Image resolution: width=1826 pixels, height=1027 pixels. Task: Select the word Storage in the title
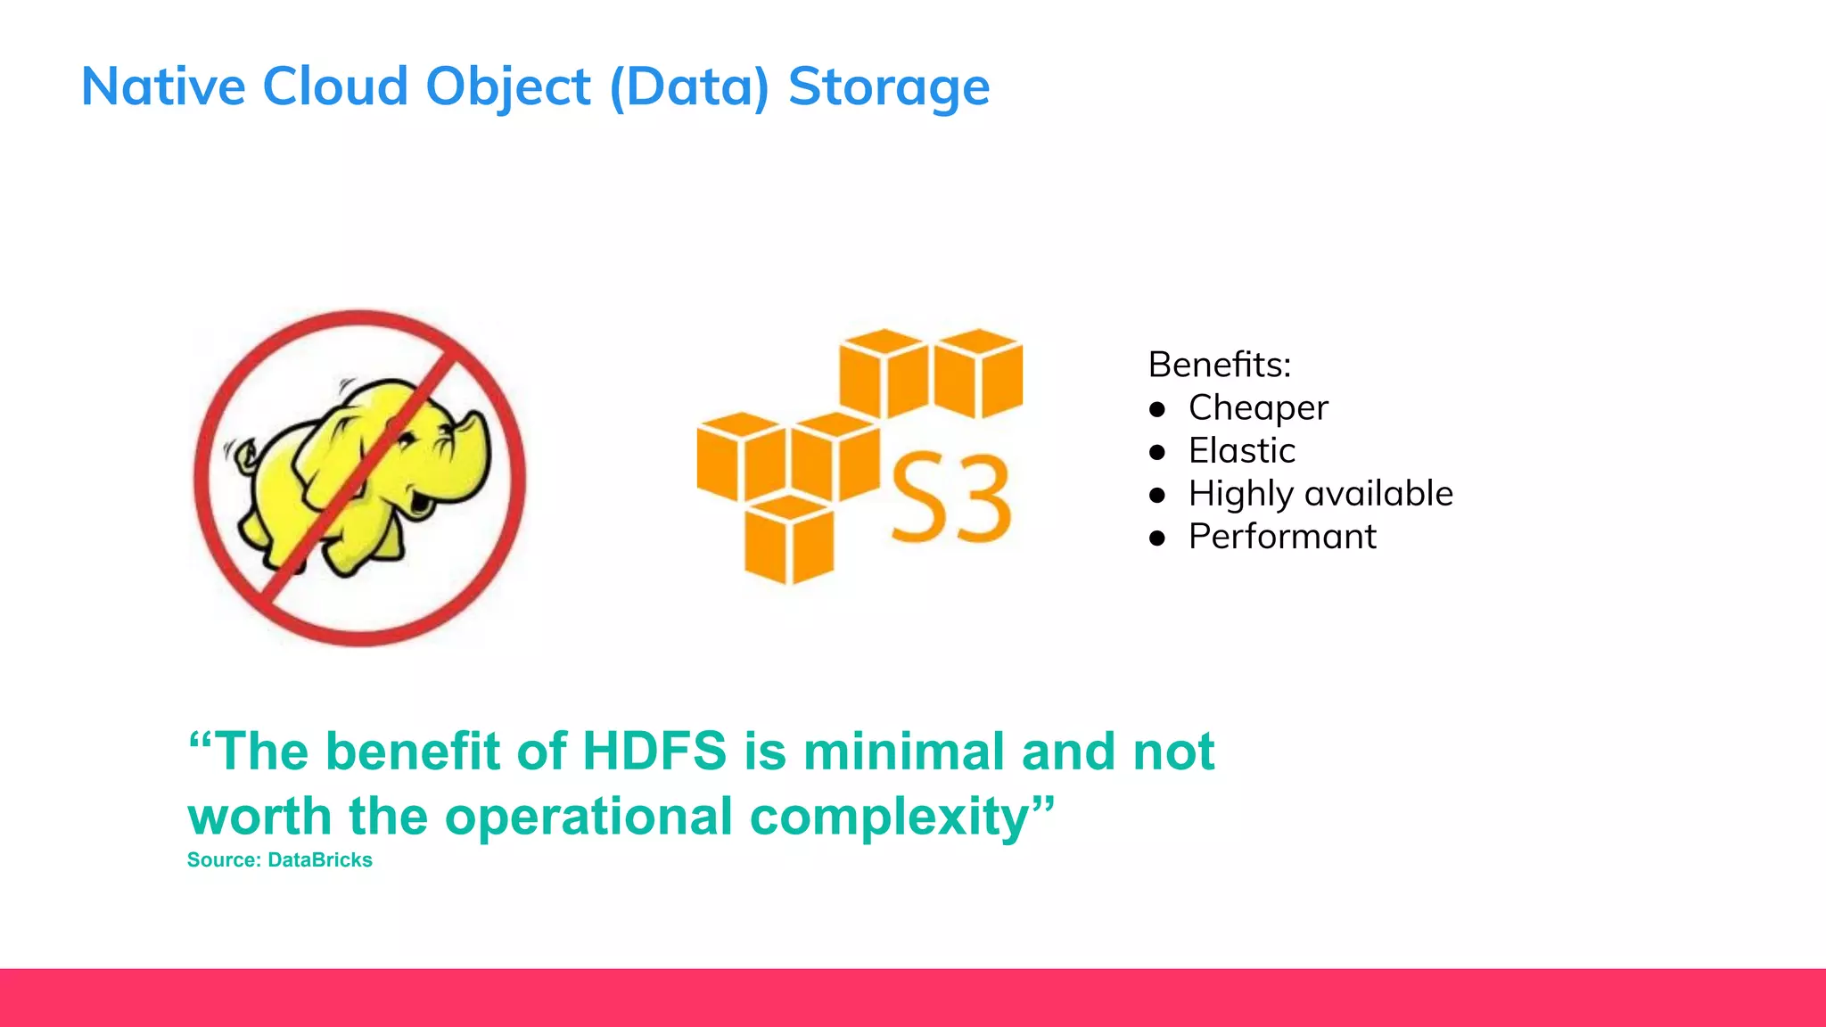click(x=888, y=86)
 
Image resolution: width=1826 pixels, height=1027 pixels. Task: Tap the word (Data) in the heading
click(x=688, y=86)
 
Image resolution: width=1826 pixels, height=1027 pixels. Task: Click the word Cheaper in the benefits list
click(x=1257, y=407)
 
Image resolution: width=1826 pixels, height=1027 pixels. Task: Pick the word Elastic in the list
click(x=1241, y=450)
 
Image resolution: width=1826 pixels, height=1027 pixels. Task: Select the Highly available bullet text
click(x=1320, y=493)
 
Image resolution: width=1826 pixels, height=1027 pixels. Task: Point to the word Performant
click(x=1282, y=536)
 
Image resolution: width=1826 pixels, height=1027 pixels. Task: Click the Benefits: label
click(x=1219, y=365)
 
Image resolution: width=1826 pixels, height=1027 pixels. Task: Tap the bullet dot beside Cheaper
click(x=1157, y=409)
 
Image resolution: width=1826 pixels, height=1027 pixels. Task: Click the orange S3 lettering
click(x=950, y=497)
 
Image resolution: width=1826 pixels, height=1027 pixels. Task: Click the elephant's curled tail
click(x=243, y=457)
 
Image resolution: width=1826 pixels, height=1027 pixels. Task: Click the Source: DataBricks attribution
click(x=279, y=860)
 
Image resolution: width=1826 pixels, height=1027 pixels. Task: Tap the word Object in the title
click(x=507, y=86)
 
